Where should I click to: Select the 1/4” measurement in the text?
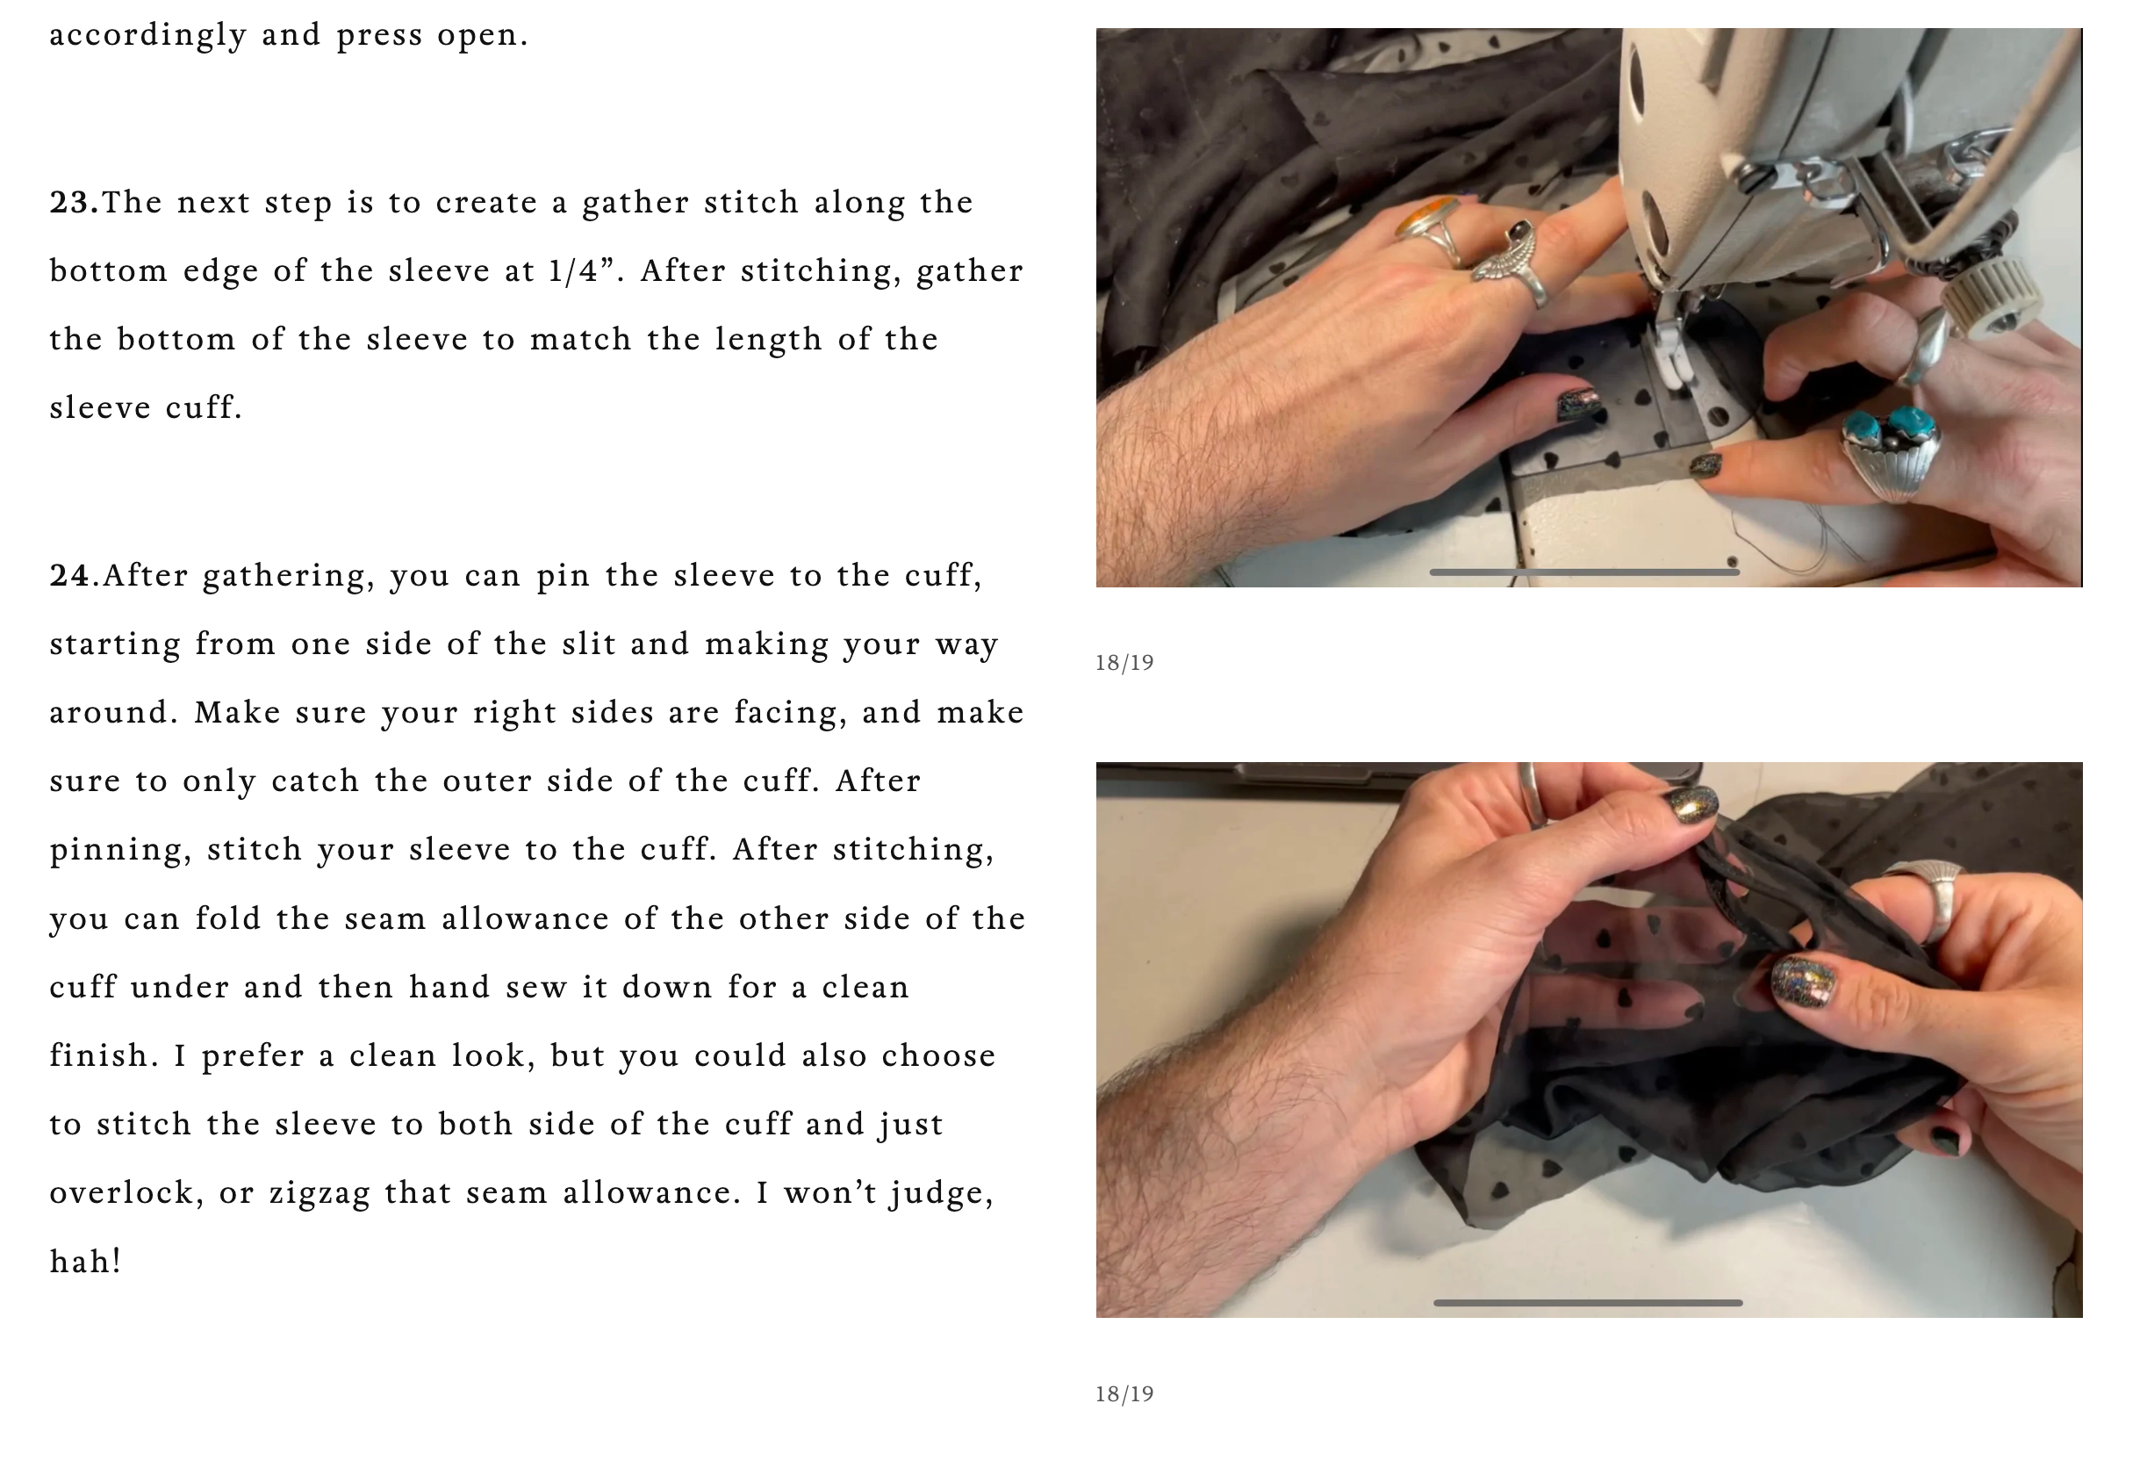click(582, 270)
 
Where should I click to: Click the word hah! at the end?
click(85, 1261)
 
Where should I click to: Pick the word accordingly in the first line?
click(147, 36)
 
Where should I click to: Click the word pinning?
click(120, 851)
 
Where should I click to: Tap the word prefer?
click(253, 1057)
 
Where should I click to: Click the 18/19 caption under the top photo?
click(1124, 663)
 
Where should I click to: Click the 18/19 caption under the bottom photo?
click(1124, 1394)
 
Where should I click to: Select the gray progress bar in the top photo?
click(1584, 572)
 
